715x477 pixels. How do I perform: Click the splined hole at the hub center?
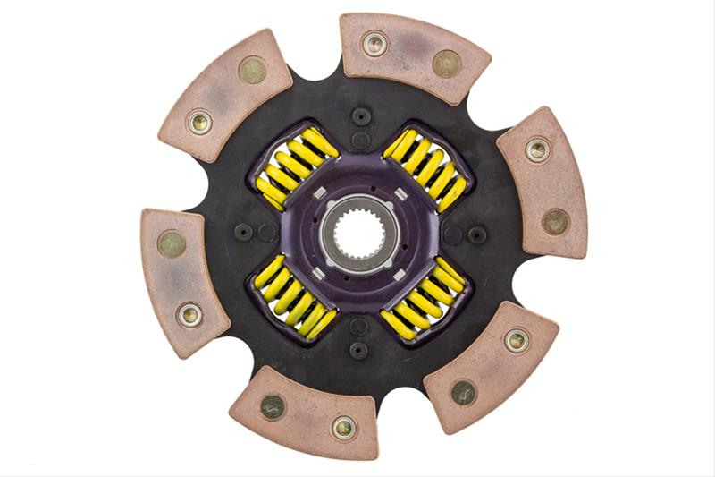coord(359,234)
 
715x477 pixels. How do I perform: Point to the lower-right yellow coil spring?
coord(424,301)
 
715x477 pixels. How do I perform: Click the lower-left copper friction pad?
coord(179,278)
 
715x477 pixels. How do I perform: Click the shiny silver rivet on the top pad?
coord(374,42)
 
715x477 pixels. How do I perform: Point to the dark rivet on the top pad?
coord(446,63)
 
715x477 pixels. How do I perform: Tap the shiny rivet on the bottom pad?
coord(345,427)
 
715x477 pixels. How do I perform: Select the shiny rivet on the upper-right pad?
coord(536,149)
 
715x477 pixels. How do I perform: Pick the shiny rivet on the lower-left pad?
coord(189,314)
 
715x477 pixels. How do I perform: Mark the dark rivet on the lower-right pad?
coord(463,391)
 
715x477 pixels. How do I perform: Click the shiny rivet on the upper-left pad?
coord(199,122)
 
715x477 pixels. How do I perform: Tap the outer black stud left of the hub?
coord(243,233)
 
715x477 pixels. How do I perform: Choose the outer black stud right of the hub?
coord(477,234)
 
